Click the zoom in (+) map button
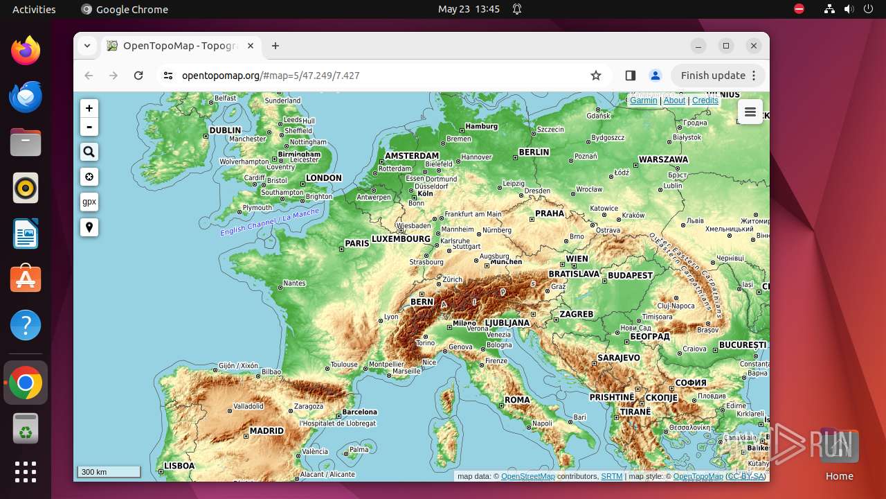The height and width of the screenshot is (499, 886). click(x=89, y=109)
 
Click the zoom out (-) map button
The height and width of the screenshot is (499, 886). click(x=89, y=127)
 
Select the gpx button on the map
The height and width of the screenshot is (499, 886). click(x=89, y=202)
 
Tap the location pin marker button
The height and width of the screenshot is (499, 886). click(x=89, y=227)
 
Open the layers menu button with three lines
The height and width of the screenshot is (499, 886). click(x=750, y=112)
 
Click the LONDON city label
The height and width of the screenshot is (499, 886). click(x=324, y=178)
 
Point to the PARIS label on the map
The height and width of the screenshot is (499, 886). click(x=357, y=243)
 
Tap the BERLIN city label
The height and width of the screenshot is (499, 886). click(x=534, y=152)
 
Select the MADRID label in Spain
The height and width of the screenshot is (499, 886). click(x=266, y=430)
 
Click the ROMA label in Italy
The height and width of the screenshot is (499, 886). click(x=517, y=400)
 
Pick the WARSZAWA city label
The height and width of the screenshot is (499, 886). click(x=663, y=159)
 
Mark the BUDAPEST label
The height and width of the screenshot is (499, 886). click(x=631, y=275)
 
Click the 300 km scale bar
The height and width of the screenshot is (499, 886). click(x=109, y=472)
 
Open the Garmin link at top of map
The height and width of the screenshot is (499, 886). click(x=643, y=100)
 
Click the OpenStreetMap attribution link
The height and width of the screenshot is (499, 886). click(x=527, y=476)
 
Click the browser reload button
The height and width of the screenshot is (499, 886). click(x=138, y=76)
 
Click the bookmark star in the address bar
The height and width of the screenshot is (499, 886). click(x=596, y=76)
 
